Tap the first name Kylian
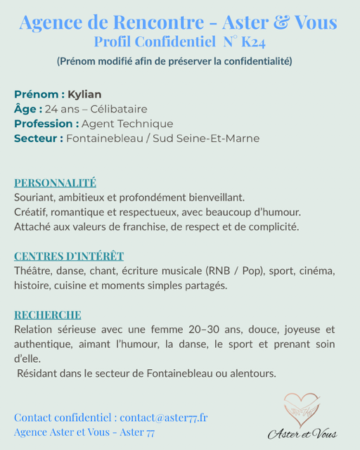[x=84, y=94]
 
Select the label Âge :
[x=28, y=109]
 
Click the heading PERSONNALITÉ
[x=55, y=183]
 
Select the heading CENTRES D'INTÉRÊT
[x=69, y=256]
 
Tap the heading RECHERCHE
[x=47, y=314]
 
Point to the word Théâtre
[x=33, y=271]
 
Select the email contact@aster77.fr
[x=164, y=417]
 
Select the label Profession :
[x=46, y=124]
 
